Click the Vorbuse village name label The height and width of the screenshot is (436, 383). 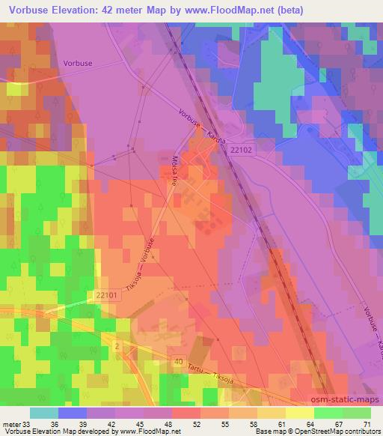(x=79, y=64)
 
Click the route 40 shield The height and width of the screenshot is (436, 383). (x=177, y=360)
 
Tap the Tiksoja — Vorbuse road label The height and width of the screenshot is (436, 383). (x=142, y=266)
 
